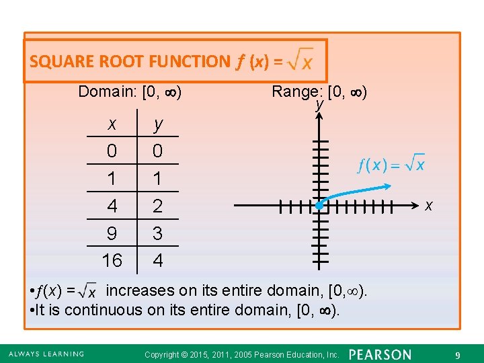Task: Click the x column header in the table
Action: [112, 124]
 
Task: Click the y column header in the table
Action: [157, 124]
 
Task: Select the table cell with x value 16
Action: [112, 260]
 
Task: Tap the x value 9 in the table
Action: [112, 233]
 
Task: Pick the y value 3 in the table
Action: [157, 233]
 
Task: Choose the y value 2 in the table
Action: [157, 206]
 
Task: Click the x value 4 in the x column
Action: [112, 206]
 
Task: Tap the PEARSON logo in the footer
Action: [380, 354]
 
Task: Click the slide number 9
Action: [457, 354]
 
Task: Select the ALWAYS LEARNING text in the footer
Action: [46, 354]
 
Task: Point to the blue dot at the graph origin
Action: [320, 206]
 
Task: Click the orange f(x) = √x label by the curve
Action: [391, 163]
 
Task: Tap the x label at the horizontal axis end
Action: [428, 205]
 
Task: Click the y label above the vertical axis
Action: [319, 106]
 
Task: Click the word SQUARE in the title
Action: [62, 62]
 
